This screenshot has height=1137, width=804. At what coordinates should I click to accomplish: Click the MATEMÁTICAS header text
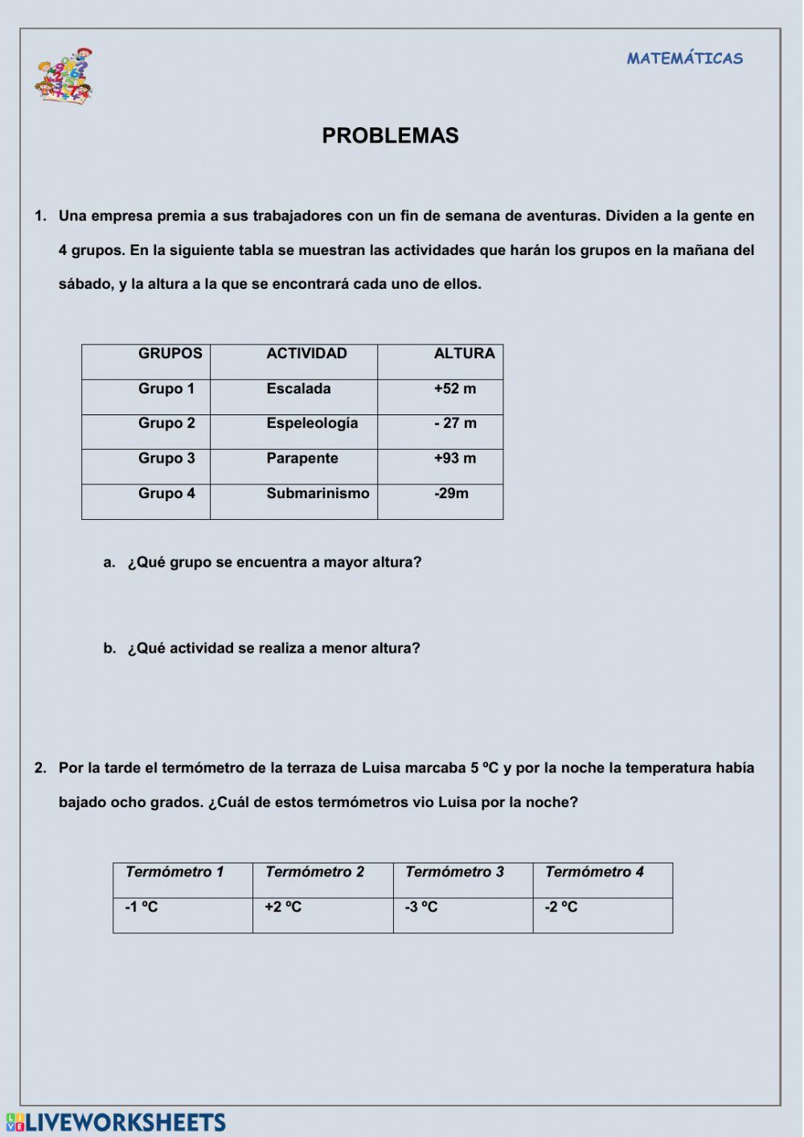[684, 59]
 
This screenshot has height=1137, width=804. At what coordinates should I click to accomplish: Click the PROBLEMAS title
[390, 136]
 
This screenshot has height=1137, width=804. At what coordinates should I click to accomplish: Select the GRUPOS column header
[170, 354]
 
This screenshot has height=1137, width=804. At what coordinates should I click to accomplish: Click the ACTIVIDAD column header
[306, 354]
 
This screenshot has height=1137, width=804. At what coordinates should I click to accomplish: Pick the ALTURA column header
[464, 354]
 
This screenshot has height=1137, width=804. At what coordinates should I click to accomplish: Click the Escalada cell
[298, 389]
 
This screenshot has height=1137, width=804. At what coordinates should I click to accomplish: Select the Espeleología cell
[312, 423]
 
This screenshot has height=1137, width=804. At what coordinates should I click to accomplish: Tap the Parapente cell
[302, 459]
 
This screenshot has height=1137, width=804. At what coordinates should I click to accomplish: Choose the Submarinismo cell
[318, 493]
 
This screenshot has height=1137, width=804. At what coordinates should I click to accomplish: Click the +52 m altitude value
[455, 389]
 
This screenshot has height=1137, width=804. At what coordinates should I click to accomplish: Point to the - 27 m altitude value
[455, 423]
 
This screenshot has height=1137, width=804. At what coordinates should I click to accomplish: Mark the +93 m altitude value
[455, 459]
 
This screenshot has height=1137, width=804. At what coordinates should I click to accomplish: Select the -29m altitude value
[451, 493]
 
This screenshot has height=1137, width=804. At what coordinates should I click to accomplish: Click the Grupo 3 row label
[166, 459]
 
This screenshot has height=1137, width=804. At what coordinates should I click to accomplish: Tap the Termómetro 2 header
[314, 872]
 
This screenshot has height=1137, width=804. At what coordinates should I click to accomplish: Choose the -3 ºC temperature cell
[421, 908]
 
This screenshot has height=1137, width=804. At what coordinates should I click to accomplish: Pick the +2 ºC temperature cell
[283, 908]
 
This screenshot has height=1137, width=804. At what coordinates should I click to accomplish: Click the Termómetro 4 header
[594, 872]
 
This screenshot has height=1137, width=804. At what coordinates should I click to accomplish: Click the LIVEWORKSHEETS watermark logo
[117, 1123]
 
